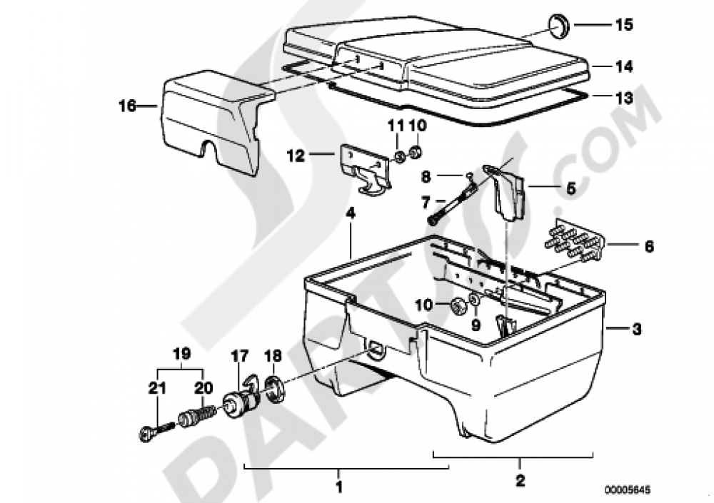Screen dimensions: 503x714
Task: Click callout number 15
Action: click(x=624, y=26)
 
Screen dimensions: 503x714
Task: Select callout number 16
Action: click(x=127, y=106)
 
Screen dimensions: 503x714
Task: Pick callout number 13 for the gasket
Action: click(x=624, y=98)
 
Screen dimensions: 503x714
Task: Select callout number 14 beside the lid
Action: click(x=624, y=66)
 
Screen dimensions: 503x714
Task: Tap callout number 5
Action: click(x=570, y=190)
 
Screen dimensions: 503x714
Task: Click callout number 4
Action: click(x=350, y=213)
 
